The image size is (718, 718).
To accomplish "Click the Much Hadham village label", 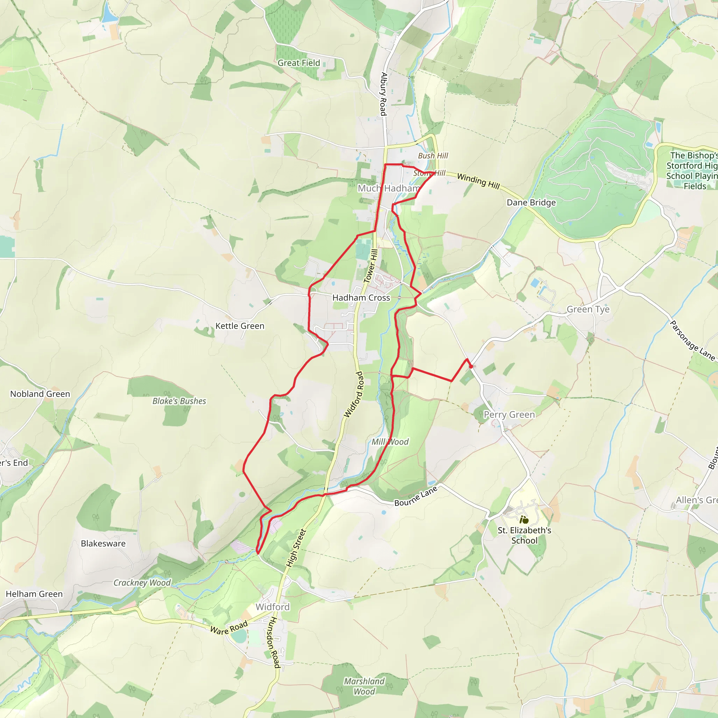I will pos(389,188).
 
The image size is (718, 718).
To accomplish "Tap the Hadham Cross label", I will pos(361,298).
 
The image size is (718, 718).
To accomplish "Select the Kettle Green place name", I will pos(240,326).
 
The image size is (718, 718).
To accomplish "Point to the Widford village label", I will pos(272,607).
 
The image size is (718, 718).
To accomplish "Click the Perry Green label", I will pos(509,414).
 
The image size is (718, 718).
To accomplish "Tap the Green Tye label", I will pos(588,309).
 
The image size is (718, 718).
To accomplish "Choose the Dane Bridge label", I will pos(531,203).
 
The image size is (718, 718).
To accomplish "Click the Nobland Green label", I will pos(40,394).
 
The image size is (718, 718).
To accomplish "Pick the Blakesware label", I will pos(103,543).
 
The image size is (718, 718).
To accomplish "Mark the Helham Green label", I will pos(34,594).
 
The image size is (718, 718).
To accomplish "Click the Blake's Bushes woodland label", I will pos(179,401).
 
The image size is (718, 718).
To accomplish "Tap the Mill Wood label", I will pos(390,442).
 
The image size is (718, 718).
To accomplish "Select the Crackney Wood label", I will pos(142,583).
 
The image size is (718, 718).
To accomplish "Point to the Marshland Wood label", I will pos(364,686).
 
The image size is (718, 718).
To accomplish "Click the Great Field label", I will pos(298,63).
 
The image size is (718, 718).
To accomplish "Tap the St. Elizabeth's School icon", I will pos(524,520).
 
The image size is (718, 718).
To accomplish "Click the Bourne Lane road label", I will pos(416,497).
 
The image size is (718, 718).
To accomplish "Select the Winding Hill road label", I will pos(478,181).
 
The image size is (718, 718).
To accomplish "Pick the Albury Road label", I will pos(384,94).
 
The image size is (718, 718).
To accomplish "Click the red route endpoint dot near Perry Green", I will pos(471,366).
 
